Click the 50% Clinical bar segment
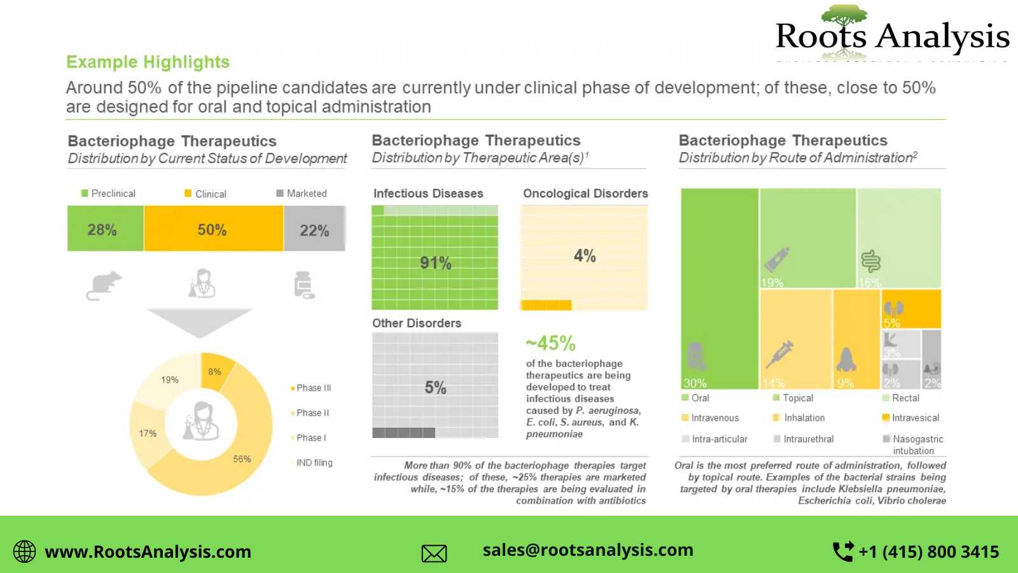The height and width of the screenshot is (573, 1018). coord(213,229)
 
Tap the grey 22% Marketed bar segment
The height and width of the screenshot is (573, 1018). coord(314,229)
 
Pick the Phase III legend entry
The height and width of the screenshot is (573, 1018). coord(313,388)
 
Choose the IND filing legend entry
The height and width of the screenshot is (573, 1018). coord(314,463)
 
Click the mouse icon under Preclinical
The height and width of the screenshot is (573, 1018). coord(104,285)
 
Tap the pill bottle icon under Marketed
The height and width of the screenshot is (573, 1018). coord(304,285)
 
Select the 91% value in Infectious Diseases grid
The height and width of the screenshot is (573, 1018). coord(436,263)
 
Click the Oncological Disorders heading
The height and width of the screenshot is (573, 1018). coord(585,194)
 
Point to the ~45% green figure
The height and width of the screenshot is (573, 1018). coord(550,344)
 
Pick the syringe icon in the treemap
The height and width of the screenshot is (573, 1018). coord(779,353)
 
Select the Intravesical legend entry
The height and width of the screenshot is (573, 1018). coord(915,418)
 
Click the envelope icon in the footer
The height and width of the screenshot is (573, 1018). coord(434,553)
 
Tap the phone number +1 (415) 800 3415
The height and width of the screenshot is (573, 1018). coord(928,551)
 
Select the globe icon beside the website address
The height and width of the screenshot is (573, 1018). coord(25,551)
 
